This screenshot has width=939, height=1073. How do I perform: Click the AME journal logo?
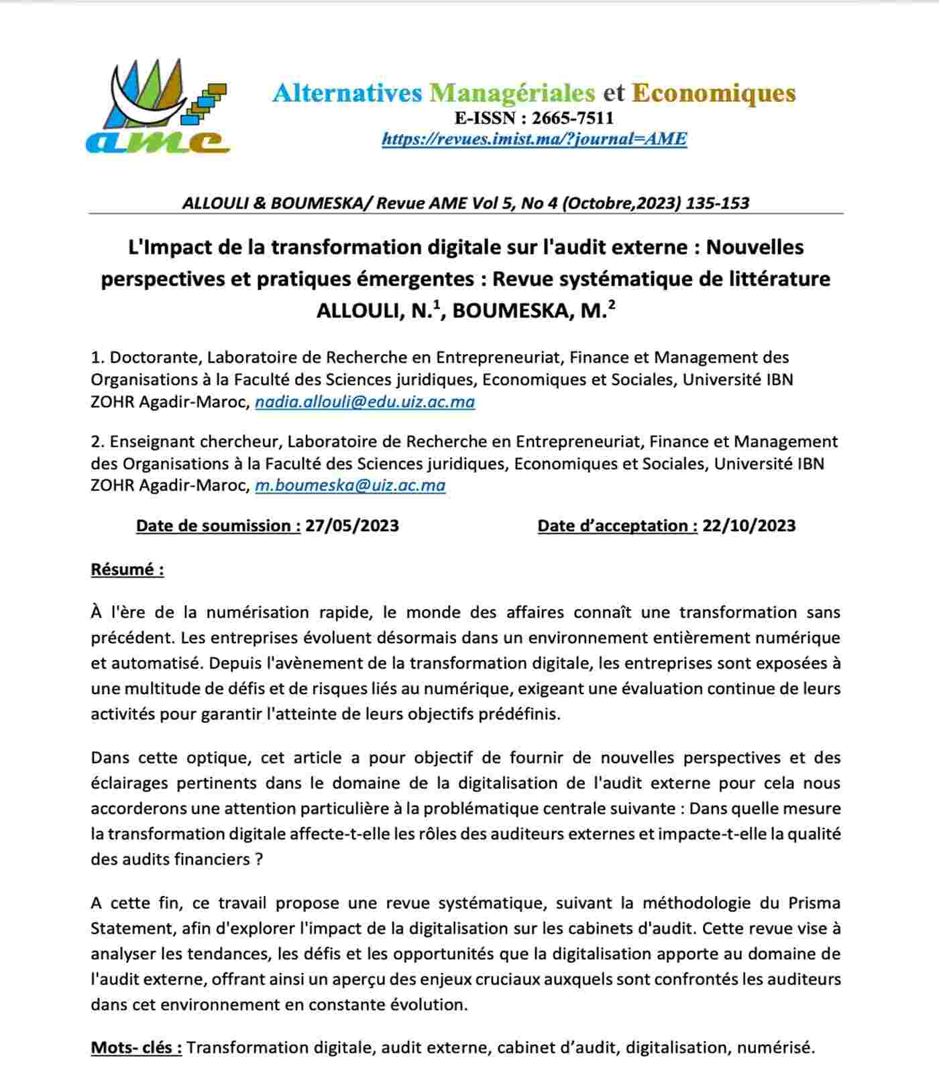pos(158,107)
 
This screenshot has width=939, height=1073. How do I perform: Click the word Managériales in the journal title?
pos(512,93)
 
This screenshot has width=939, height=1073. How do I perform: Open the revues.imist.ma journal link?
pos(535,139)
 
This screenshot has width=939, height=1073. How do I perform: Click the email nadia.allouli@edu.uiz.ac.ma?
pos(365,402)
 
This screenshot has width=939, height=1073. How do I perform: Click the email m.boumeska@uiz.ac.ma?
pos(350,485)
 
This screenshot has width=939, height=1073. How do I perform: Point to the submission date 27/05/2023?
pos(352,525)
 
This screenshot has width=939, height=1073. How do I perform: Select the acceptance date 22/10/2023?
pos(749,525)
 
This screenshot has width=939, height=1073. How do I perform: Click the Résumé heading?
pos(127,569)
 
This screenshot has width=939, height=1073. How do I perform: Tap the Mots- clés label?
pos(136,1048)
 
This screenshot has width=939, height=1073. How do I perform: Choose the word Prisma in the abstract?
pos(814,903)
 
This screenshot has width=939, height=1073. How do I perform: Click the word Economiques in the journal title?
pos(714,93)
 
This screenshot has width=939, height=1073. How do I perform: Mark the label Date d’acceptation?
pos(617,525)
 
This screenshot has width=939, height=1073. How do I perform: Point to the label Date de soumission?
pos(218,525)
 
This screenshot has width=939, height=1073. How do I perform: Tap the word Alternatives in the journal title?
pos(347,93)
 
